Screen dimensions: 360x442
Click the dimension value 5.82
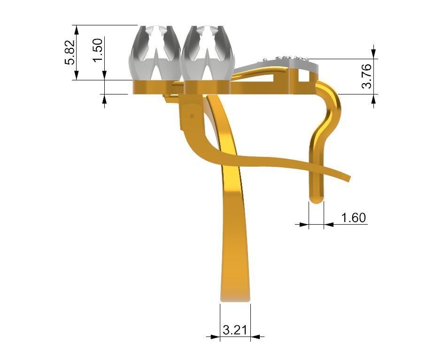click(x=70, y=52)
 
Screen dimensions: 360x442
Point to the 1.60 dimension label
click(x=353, y=218)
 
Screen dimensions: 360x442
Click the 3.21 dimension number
click(x=235, y=330)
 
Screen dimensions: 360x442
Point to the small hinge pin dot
click(x=191, y=114)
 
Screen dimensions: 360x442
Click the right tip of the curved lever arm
click(x=348, y=177)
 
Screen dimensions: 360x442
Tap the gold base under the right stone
click(x=207, y=87)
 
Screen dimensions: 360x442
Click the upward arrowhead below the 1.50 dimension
click(x=104, y=99)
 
